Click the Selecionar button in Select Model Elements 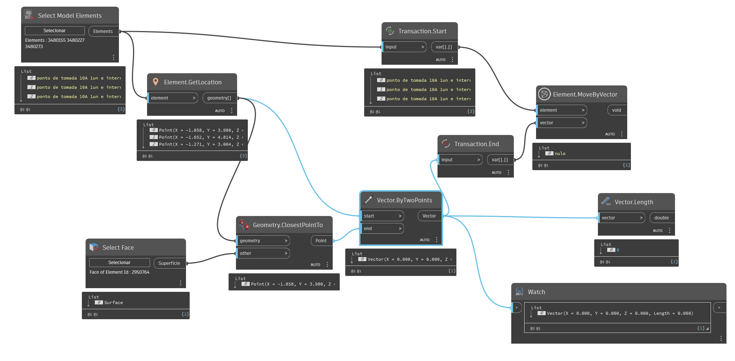point(54,31)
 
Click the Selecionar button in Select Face point(119,263)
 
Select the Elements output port point(103,31)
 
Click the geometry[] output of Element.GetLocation point(219,98)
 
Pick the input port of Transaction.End point(460,160)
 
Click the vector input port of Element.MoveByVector point(561,123)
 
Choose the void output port point(616,110)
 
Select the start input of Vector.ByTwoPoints point(382,216)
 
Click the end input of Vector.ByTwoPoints point(382,229)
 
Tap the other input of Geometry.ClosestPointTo point(263,253)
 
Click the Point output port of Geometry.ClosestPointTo point(321,241)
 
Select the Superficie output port point(169,263)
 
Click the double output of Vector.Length point(661,218)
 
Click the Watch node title point(536,292)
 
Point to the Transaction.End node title point(476,144)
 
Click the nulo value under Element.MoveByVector point(560,153)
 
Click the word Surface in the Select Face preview point(113,303)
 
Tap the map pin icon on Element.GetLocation point(156,82)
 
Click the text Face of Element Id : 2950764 point(119,272)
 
